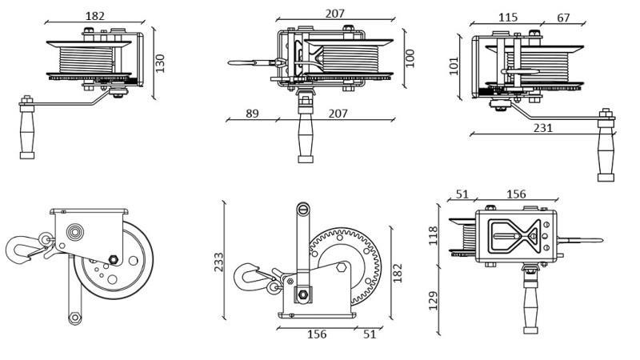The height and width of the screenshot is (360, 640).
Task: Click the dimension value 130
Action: point(160,63)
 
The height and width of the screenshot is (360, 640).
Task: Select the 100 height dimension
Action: point(410,58)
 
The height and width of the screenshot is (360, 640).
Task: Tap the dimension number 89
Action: point(252,114)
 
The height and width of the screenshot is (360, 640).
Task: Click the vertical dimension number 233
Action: point(218,262)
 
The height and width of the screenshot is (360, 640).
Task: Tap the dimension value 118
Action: point(434,235)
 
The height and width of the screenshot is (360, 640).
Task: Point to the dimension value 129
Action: point(434,301)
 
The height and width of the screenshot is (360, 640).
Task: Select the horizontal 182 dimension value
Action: point(94,16)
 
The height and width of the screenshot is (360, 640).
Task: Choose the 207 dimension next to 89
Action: point(338,114)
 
